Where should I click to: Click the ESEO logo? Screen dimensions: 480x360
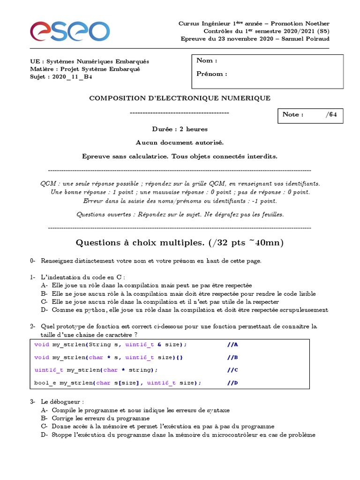tap(70, 32)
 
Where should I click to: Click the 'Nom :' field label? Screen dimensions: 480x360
tap(207, 60)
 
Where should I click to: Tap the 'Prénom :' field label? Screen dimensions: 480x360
tap(212, 74)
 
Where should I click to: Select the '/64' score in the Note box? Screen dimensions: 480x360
tap(331, 114)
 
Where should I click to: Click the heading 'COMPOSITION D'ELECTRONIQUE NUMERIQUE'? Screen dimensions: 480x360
tap(180, 98)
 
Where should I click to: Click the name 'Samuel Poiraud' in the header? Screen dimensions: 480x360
tap(307, 39)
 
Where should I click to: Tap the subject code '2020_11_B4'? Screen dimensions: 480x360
tap(72, 77)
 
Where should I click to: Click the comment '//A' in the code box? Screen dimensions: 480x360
tap(232, 345)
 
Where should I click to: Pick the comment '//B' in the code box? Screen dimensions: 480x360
tap(232, 357)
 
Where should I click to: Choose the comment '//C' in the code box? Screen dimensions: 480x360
tap(232, 370)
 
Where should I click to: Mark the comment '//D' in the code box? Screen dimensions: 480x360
tap(232, 382)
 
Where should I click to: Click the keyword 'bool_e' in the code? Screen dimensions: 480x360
tap(44, 382)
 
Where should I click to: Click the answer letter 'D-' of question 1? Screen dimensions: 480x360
tap(45, 310)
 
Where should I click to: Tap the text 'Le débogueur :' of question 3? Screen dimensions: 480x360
tap(62, 402)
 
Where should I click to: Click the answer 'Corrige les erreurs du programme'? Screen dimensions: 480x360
tap(101, 418)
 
